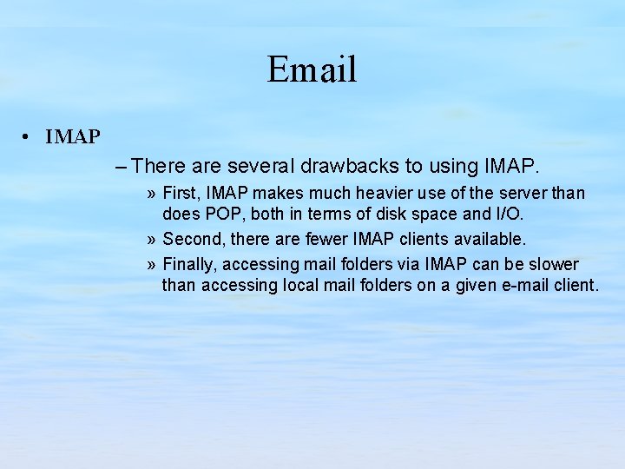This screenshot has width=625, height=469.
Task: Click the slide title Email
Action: pos(312,69)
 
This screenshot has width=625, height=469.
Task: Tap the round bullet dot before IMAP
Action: pos(29,137)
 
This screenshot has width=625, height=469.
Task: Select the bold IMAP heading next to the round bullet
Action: pos(73,137)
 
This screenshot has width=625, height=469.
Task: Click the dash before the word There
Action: pos(121,164)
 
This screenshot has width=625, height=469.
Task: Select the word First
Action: pos(180,193)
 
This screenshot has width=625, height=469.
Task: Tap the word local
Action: pos(303,285)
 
